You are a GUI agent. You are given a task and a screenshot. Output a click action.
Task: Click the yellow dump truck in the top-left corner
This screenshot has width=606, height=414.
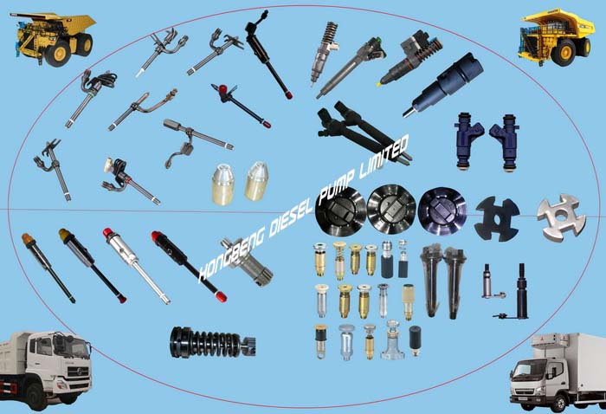point(54,38)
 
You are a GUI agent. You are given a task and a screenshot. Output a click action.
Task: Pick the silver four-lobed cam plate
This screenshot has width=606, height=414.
point(561,217)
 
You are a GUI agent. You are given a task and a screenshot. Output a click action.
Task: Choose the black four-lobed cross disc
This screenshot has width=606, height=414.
point(497,219)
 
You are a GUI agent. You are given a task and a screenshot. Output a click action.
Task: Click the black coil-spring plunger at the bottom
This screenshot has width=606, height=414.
point(212,342)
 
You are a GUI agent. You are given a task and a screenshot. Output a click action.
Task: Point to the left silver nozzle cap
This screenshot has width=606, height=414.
point(223,184)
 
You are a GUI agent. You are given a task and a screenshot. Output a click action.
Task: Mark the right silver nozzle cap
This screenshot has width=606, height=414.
point(256,181)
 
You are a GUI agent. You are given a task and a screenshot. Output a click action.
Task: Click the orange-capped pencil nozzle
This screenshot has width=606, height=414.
point(48,268)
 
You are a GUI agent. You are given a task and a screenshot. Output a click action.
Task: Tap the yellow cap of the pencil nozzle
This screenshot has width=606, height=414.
point(64,233)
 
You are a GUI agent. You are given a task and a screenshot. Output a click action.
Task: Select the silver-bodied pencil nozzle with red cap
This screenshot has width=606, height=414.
point(137,265)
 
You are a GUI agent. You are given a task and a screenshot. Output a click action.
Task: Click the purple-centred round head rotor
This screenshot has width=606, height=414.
point(442,211)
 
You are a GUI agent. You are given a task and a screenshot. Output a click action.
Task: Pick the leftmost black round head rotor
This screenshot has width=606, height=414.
point(340,212)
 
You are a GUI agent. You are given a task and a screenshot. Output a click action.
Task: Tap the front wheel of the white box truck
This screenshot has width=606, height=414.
point(559,403)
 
